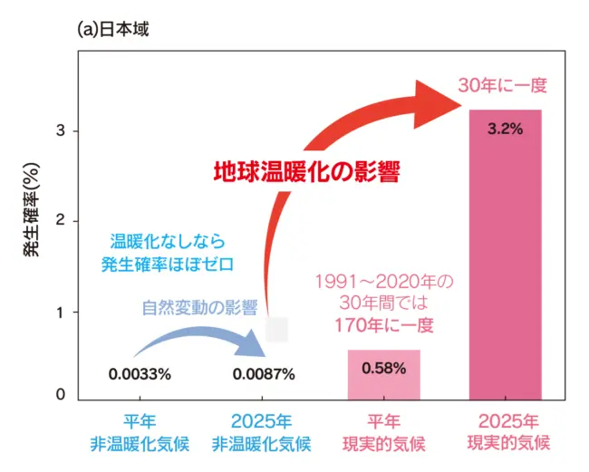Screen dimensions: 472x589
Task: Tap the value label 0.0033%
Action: tap(140, 373)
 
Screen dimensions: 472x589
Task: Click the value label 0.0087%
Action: tap(264, 373)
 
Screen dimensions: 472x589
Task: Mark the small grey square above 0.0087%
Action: tap(276, 329)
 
